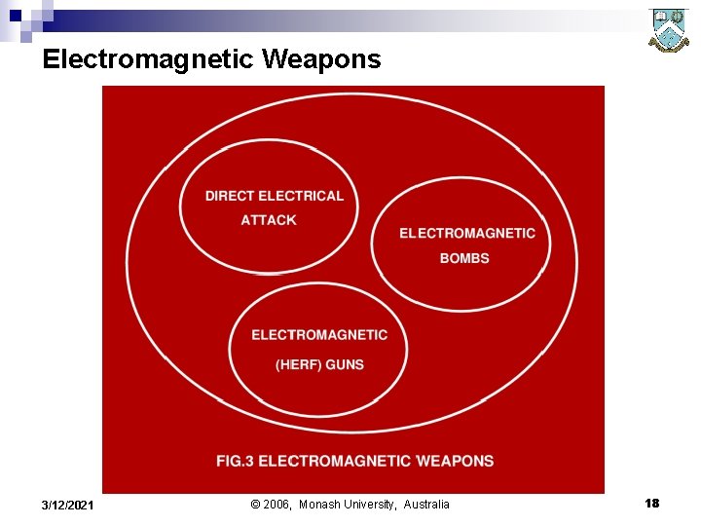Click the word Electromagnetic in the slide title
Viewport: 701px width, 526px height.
(148, 60)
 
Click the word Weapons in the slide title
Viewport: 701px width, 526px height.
(321, 60)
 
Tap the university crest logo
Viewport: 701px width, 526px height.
(669, 31)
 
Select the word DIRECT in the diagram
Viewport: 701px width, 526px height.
(230, 196)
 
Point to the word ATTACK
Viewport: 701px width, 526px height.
(269, 220)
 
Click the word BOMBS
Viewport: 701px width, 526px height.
(464, 258)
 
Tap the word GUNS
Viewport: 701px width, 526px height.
(346, 364)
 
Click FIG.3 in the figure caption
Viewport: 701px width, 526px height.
(235, 461)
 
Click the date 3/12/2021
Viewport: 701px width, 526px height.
(68, 505)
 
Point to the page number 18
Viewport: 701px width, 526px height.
(651, 503)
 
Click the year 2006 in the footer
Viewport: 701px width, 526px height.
(277, 505)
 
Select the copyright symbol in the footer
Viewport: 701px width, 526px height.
(255, 505)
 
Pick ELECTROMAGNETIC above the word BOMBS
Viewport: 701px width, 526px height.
(467, 233)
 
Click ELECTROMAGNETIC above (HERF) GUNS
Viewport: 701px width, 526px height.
(319, 335)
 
